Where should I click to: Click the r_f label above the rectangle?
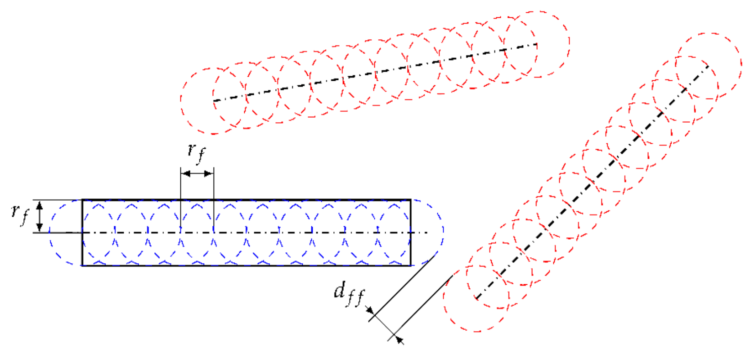(x=196, y=152)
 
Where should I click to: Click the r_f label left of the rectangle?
(x=20, y=214)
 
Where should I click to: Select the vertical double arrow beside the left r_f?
(x=40, y=216)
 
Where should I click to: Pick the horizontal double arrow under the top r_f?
(x=197, y=173)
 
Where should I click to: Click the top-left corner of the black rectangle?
(x=82, y=200)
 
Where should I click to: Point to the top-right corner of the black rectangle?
(x=411, y=200)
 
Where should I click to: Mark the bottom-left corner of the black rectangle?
(x=82, y=265)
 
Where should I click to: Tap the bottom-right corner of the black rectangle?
(x=411, y=265)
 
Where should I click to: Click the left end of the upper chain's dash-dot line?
(x=214, y=100)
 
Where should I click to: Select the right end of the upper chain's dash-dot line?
(x=537, y=44)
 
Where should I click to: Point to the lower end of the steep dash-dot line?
(x=476, y=299)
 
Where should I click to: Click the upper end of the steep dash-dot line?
(x=709, y=66)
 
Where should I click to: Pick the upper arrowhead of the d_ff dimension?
(x=371, y=312)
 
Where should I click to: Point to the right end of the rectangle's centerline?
(x=427, y=233)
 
